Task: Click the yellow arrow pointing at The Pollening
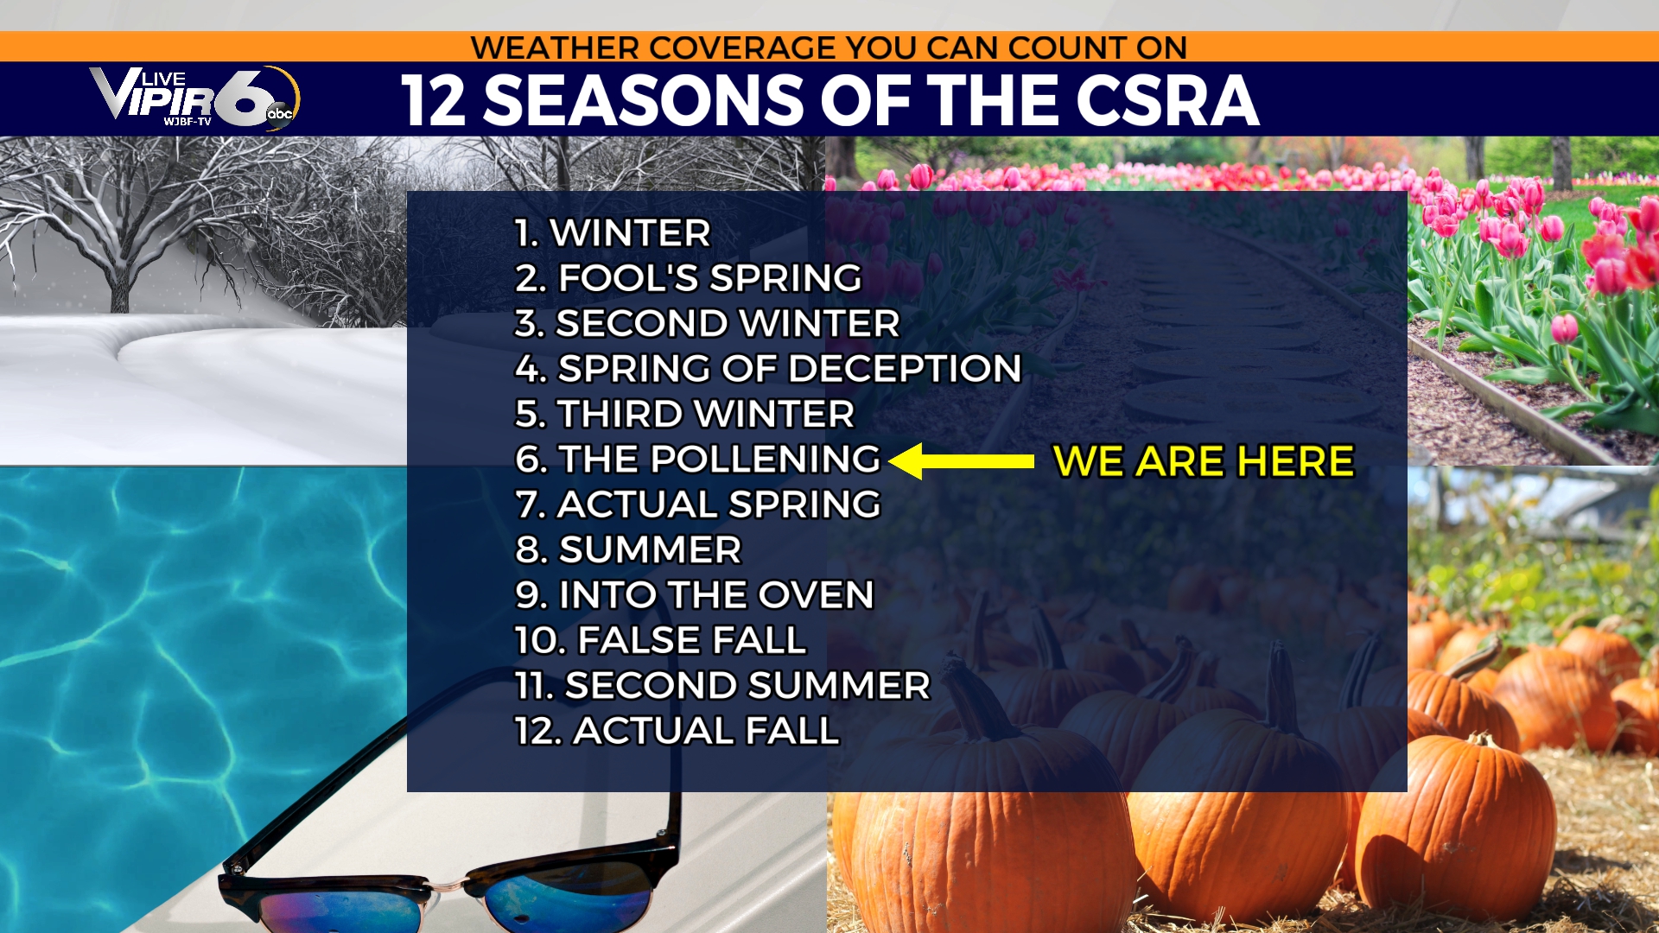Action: pyautogui.click(x=961, y=461)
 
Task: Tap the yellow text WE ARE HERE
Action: pyautogui.click(x=1204, y=461)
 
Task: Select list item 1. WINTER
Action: pyautogui.click(x=613, y=233)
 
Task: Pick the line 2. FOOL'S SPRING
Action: pyautogui.click(x=689, y=278)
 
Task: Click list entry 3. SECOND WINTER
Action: pyautogui.click(x=707, y=324)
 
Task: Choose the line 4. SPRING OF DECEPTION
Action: pyautogui.click(x=768, y=369)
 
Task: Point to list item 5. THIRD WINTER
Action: pyautogui.click(x=684, y=414)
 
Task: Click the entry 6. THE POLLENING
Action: pyautogui.click(x=697, y=460)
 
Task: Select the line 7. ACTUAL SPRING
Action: pyautogui.click(x=698, y=505)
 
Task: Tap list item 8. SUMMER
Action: pyautogui.click(x=628, y=550)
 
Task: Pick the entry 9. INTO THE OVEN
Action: pyautogui.click(x=695, y=595)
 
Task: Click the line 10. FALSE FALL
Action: pyautogui.click(x=660, y=640)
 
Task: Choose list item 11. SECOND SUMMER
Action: pyautogui.click(x=722, y=686)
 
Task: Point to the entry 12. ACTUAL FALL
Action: pyautogui.click(x=677, y=731)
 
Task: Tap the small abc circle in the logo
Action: pyautogui.click(x=280, y=113)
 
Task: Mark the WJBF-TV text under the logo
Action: pyautogui.click(x=188, y=122)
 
